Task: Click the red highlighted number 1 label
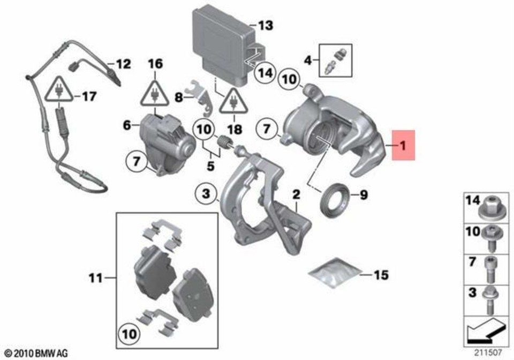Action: click(403, 145)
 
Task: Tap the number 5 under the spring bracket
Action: click(211, 166)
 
